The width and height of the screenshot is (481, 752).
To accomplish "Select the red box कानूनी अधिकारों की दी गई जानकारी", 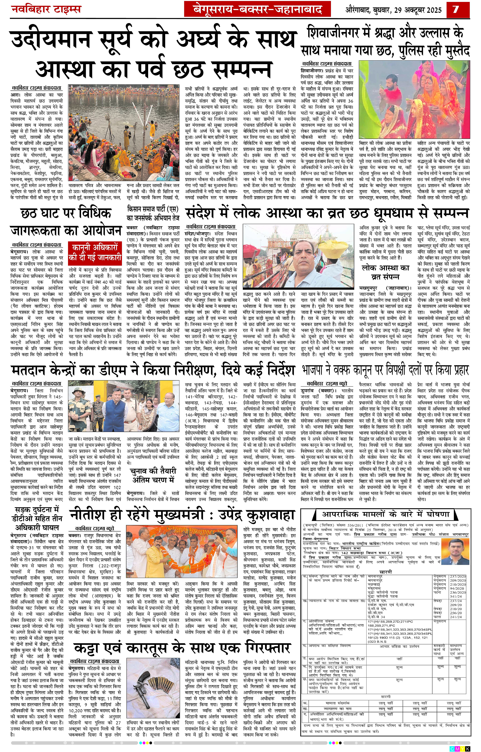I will (x=95, y=253).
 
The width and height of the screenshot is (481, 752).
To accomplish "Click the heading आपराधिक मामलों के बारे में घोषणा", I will (x=386, y=514).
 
